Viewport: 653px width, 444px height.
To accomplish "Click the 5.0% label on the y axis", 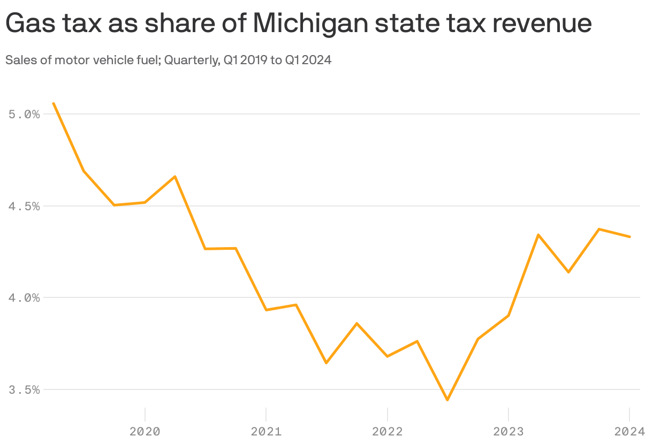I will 25,114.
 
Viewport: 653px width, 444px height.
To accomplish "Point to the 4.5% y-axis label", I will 25,206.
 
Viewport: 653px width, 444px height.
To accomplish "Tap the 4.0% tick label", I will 25,298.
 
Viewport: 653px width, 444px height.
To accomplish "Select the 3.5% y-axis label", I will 25,390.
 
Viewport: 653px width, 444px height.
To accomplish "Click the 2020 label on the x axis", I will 145,431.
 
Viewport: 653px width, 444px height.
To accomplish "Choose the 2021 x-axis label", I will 266,431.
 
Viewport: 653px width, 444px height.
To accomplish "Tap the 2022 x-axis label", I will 387,431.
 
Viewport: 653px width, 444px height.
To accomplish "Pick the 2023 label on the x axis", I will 508,431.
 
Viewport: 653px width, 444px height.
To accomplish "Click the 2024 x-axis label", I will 629,431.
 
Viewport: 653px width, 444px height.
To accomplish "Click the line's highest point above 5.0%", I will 54,103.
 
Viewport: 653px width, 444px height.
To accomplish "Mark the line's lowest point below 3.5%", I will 447,400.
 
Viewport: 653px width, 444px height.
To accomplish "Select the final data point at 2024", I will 629,236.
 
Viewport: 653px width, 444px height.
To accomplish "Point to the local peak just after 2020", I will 175,177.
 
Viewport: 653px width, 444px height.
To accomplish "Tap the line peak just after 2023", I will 538,235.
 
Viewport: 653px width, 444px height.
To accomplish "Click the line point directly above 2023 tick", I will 508,316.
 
